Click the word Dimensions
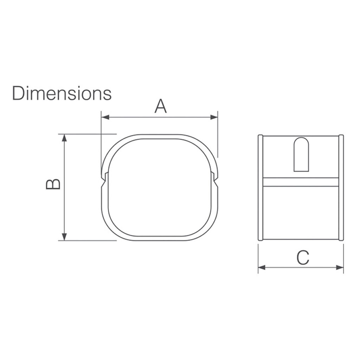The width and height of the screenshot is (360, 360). pyautogui.click(x=62, y=93)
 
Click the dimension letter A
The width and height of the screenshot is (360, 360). pyautogui.click(x=161, y=106)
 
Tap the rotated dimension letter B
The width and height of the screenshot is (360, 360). pyautogui.click(x=53, y=184)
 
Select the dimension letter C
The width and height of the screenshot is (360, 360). pyautogui.click(x=302, y=258)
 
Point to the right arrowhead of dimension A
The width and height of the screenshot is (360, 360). pyautogui.click(x=214, y=117)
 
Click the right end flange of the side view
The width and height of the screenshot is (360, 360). pyautogui.click(x=341, y=188)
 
